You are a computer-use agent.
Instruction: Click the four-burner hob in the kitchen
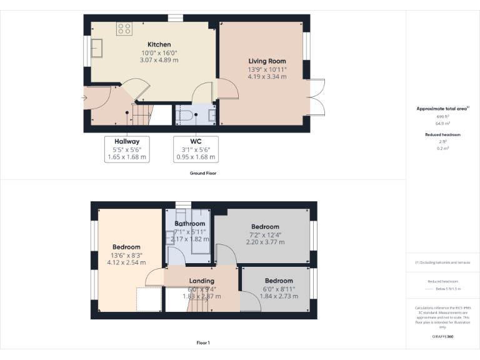click(124, 28)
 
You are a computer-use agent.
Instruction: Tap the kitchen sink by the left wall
click(97, 48)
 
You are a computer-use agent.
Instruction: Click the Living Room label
click(267, 61)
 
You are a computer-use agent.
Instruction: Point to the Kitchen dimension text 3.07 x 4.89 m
click(159, 61)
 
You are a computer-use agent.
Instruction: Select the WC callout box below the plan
click(196, 149)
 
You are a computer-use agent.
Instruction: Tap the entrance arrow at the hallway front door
click(85, 97)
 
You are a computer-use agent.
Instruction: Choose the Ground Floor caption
click(203, 173)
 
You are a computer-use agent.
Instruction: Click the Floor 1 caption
click(203, 342)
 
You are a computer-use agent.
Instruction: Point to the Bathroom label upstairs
click(189, 224)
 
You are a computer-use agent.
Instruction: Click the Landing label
click(202, 281)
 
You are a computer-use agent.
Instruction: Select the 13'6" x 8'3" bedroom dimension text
click(126, 255)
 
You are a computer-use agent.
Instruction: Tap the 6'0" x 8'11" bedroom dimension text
click(279, 289)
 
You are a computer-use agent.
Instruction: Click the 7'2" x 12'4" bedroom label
click(265, 227)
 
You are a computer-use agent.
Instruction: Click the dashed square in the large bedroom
click(148, 299)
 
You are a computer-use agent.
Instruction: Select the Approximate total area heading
click(442, 109)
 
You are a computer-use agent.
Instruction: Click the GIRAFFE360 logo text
click(442, 337)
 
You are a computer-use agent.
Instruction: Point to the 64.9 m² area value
click(442, 124)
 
